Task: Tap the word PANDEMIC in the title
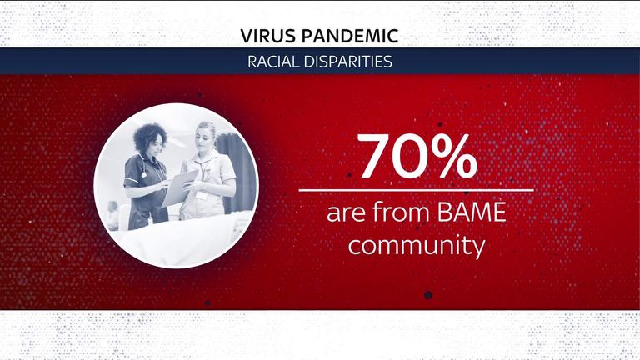pos(350,36)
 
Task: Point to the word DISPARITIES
pos(347,62)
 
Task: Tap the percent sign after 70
pos(453,156)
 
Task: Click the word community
pos(417,245)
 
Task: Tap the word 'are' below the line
pos(347,214)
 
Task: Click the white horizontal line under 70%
pos(416,190)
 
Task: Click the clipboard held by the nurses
pos(180,188)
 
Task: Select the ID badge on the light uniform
pos(201,196)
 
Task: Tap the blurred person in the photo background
pos(112,214)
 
